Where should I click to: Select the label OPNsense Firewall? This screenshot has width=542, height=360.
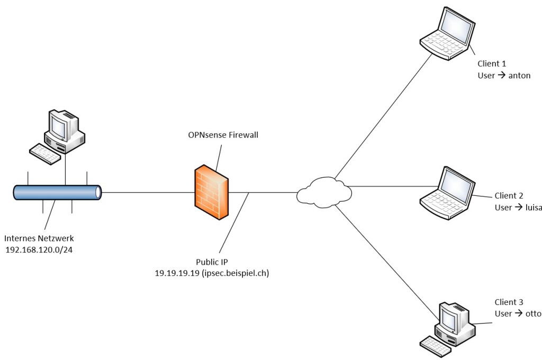[223, 135]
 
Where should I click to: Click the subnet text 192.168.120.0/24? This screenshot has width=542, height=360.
[39, 250]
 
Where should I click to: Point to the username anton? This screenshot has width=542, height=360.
[519, 75]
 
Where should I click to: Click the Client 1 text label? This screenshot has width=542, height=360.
[492, 64]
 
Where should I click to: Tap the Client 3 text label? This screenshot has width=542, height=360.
[509, 302]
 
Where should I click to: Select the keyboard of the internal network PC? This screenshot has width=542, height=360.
[45, 153]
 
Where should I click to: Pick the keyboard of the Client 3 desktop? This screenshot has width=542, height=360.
[436, 349]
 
